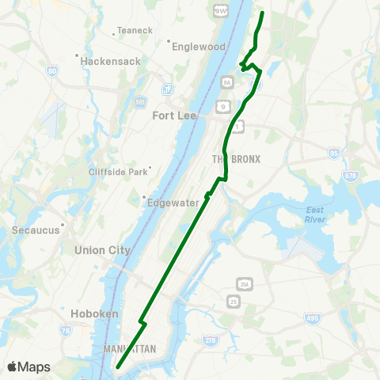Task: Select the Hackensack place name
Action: pos(111,60)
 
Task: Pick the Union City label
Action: pos(102,250)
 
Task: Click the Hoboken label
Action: pos(93,313)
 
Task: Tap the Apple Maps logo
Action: pos(28,367)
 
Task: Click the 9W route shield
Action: pos(220,10)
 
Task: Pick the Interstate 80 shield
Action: pos(51,72)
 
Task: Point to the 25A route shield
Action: pos(244,283)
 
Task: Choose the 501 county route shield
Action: pos(140,101)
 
